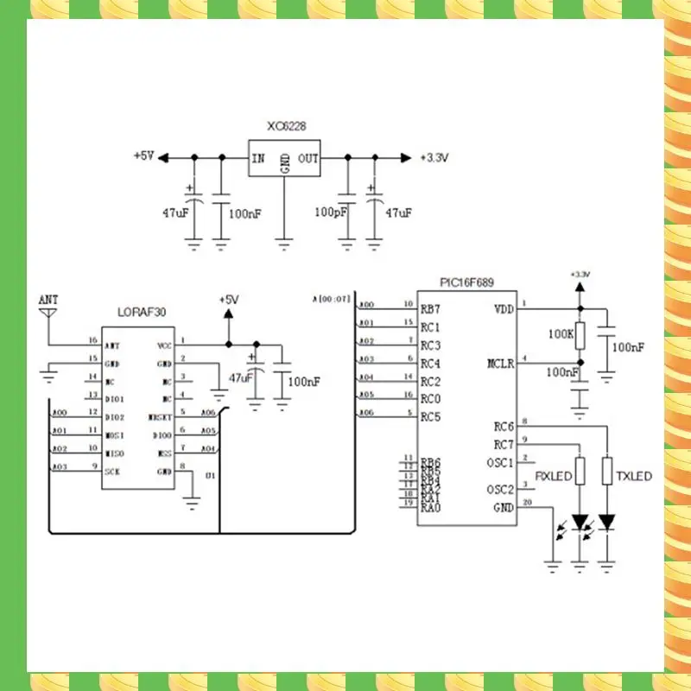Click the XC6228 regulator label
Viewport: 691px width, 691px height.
pyautogui.click(x=286, y=126)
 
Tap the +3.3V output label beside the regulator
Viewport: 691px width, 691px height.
pyautogui.click(x=434, y=158)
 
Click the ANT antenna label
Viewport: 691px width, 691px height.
pyautogui.click(x=49, y=299)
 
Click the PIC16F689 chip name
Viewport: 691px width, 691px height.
pyautogui.click(x=467, y=282)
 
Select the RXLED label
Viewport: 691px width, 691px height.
pyautogui.click(x=553, y=476)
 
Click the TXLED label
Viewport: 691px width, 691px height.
pyautogui.click(x=634, y=476)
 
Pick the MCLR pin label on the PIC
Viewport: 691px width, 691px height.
pyautogui.click(x=501, y=364)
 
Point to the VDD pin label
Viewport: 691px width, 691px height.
pyautogui.click(x=504, y=309)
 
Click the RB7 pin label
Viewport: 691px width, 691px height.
pyautogui.click(x=430, y=309)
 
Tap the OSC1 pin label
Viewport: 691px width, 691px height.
pyautogui.click(x=502, y=462)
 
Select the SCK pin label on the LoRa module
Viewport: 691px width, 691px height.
pyautogui.click(x=112, y=472)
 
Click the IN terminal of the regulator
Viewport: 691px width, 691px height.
pyautogui.click(x=258, y=159)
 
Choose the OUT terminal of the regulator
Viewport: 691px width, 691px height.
pyautogui.click(x=308, y=159)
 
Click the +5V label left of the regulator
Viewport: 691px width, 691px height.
pyautogui.click(x=143, y=157)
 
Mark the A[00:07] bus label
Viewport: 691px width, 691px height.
pyautogui.click(x=332, y=299)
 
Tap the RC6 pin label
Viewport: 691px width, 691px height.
pyautogui.click(x=504, y=426)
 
